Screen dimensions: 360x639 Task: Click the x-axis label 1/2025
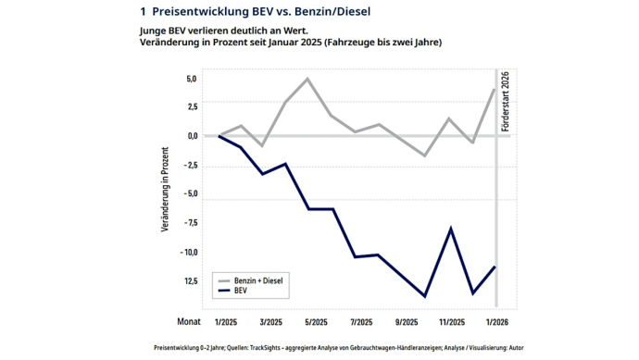(x=225, y=323)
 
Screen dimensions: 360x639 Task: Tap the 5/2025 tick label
(x=315, y=323)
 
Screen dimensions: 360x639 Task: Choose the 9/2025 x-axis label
(x=406, y=323)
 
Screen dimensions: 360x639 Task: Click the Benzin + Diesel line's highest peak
(x=307, y=79)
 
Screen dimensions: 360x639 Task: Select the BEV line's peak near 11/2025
(x=451, y=228)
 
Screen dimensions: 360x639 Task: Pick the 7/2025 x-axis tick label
(x=360, y=323)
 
